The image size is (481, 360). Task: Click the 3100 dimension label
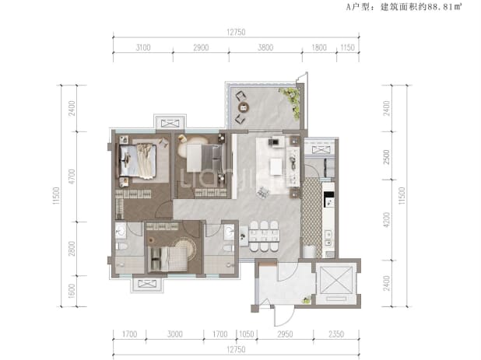coord(143,47)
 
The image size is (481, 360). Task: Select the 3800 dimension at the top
coord(265,47)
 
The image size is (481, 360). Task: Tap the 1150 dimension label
coord(347,47)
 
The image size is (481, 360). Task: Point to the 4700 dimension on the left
coord(72,177)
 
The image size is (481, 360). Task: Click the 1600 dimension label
coord(72,291)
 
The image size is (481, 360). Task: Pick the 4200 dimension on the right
coord(387,220)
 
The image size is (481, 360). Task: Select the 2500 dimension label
coord(387,157)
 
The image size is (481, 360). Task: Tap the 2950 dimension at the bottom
coord(285,334)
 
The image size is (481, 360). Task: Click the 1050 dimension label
coord(247,334)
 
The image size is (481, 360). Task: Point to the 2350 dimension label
coord(336,334)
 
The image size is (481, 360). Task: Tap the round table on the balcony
coord(244,107)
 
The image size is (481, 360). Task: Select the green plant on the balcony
coord(290,102)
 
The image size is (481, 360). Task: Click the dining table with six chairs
coord(264,236)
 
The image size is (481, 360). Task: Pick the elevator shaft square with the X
coord(336,280)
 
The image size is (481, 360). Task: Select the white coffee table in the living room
coord(276,166)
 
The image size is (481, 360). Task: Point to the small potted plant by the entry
coord(306,300)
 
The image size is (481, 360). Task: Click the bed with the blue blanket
coord(138,160)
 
